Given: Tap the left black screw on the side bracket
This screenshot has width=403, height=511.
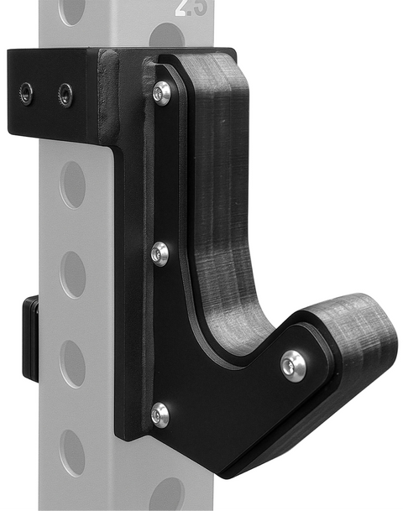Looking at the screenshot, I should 28,93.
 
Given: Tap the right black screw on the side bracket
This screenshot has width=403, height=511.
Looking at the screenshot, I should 65,94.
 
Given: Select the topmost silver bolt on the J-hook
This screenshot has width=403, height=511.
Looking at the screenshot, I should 161,92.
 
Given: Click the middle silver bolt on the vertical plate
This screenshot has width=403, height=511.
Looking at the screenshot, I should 160,253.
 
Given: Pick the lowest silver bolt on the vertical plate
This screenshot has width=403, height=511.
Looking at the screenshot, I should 160,413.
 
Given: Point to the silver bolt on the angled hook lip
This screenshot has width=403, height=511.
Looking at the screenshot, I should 293,365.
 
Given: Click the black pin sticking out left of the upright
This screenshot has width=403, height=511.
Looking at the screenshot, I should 30,336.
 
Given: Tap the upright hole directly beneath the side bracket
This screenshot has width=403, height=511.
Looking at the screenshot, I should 73,184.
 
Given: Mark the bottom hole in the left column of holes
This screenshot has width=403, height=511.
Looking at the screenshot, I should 73,453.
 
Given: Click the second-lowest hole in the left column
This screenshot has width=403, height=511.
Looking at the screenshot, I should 73,362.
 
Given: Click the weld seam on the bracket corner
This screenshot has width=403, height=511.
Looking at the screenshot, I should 107,96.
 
